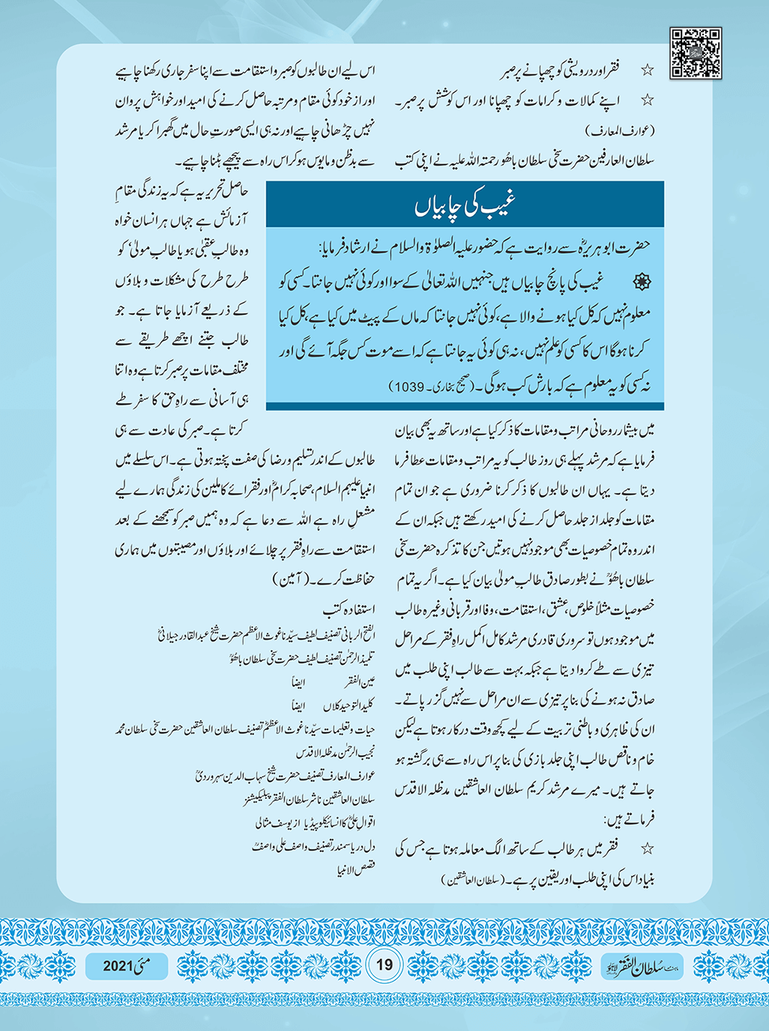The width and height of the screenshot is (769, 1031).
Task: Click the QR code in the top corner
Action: [696, 53]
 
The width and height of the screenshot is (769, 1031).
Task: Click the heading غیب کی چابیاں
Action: [465, 205]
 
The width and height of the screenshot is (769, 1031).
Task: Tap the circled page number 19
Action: [384, 964]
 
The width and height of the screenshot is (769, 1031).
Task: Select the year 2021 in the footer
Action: [118, 966]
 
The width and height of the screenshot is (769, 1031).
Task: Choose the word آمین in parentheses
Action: [283, 580]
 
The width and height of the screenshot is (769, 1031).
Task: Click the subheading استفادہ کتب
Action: [349, 608]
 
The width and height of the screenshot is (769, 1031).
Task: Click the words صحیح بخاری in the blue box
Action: [459, 387]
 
